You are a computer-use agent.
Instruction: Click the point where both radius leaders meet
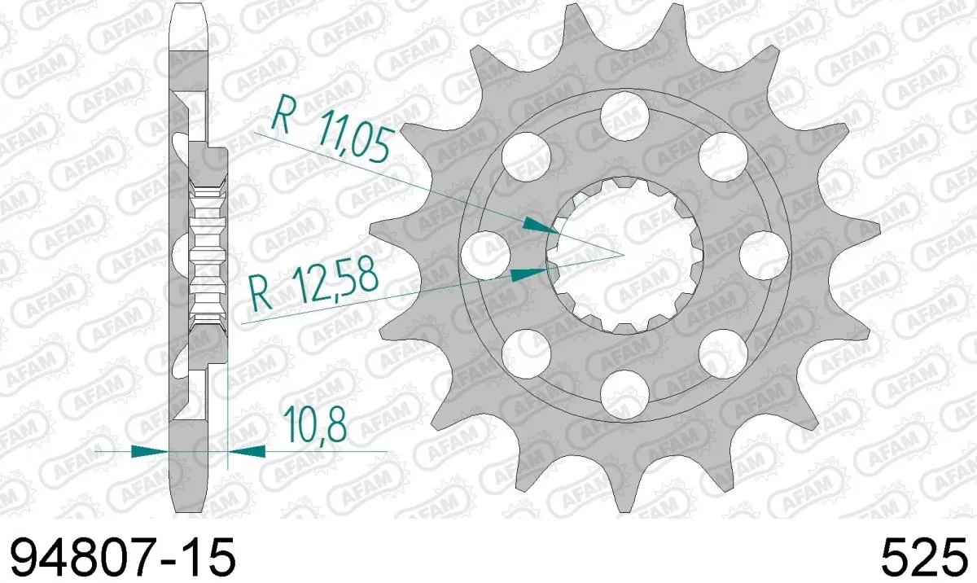pos(624,254)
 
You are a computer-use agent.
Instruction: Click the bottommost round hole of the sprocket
pos(625,390)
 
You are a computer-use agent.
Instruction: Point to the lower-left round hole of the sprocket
pos(524,350)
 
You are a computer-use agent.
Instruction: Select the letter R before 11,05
pos(282,114)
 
